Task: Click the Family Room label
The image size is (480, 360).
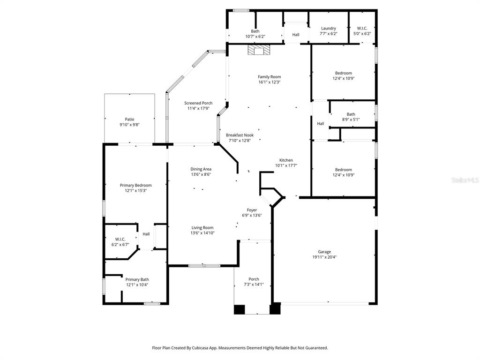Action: (x=269, y=77)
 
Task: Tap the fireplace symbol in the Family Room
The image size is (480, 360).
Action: (x=259, y=50)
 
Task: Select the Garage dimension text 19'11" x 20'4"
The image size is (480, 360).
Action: (x=324, y=257)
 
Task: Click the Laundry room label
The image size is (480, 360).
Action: (x=328, y=29)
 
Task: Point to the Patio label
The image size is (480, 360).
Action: (x=129, y=119)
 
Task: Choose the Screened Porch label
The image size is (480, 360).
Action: (x=198, y=103)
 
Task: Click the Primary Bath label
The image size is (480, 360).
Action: (x=137, y=279)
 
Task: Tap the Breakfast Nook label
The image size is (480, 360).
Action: (x=240, y=135)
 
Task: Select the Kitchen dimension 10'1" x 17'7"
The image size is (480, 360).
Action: (x=286, y=165)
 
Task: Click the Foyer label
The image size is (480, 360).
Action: (x=252, y=210)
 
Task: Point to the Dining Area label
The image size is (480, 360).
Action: (x=201, y=169)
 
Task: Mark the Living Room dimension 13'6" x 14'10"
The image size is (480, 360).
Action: (x=202, y=233)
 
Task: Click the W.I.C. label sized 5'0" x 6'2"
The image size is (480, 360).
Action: (x=362, y=29)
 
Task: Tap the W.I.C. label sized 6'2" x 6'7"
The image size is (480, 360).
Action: (x=120, y=239)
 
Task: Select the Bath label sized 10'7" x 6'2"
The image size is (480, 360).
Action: (x=255, y=31)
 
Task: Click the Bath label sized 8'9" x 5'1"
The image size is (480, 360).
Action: (x=351, y=114)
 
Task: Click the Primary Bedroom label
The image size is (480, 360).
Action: (x=135, y=185)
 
